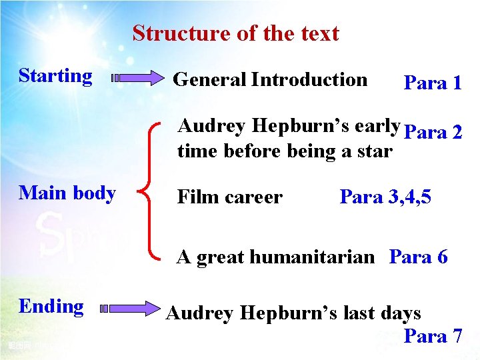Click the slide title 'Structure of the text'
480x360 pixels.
(x=235, y=33)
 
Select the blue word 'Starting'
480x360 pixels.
(x=55, y=76)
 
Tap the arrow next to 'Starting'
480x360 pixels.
(x=139, y=78)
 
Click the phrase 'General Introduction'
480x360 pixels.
(x=270, y=80)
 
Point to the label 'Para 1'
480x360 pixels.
(x=433, y=83)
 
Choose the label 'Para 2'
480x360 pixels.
(x=433, y=132)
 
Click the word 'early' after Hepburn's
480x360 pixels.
(x=378, y=127)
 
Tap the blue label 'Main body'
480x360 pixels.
(x=67, y=193)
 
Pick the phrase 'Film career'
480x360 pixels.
(x=229, y=197)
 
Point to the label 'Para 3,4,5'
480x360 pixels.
(x=385, y=197)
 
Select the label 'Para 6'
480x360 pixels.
(x=419, y=257)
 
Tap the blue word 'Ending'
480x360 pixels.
(x=51, y=307)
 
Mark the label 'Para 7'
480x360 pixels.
(x=433, y=336)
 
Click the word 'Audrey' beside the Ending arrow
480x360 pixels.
(x=198, y=313)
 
